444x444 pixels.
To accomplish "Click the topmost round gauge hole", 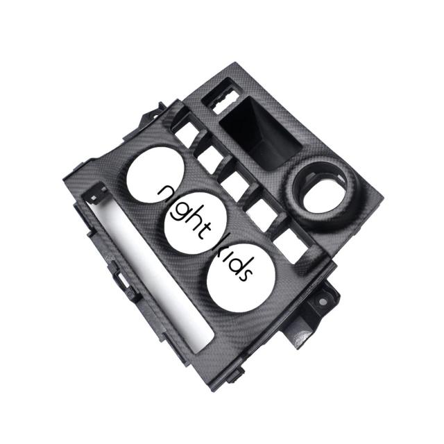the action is click(155, 175).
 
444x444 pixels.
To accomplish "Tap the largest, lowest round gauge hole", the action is click(241, 278).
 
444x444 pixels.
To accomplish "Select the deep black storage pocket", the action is click(260, 133).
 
